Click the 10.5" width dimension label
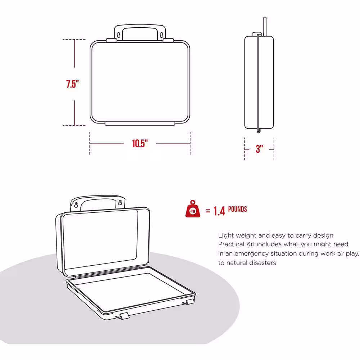(140, 144)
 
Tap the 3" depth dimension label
(259, 149)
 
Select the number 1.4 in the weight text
(219, 211)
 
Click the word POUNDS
(237, 209)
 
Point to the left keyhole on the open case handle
(76, 205)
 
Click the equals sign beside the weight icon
(207, 211)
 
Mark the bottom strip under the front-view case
(140, 123)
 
